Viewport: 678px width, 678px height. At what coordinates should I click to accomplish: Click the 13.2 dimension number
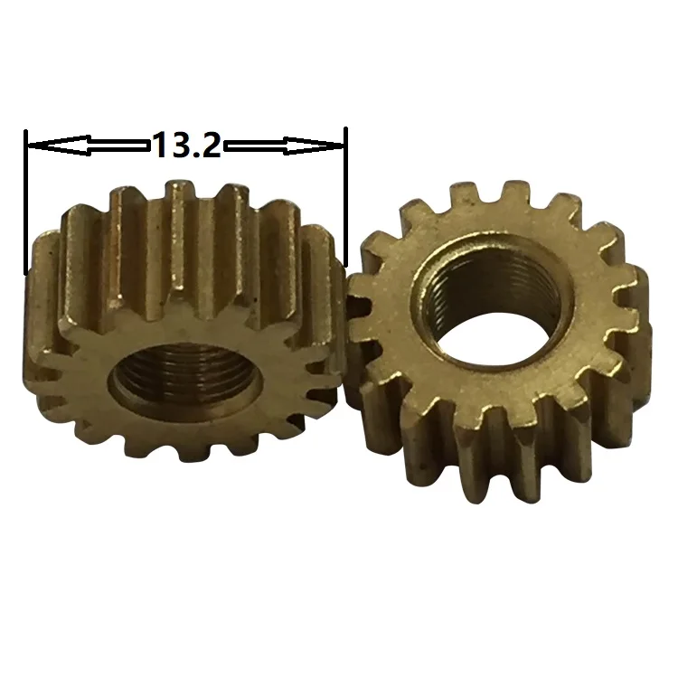pos(185,145)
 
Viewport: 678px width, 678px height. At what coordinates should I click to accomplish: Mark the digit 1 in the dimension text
pos(161,145)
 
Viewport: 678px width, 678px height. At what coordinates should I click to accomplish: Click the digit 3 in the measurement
pos(179,145)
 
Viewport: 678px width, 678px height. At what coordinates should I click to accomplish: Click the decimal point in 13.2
pos(194,155)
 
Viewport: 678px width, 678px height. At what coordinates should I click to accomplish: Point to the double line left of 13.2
pos(118,144)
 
